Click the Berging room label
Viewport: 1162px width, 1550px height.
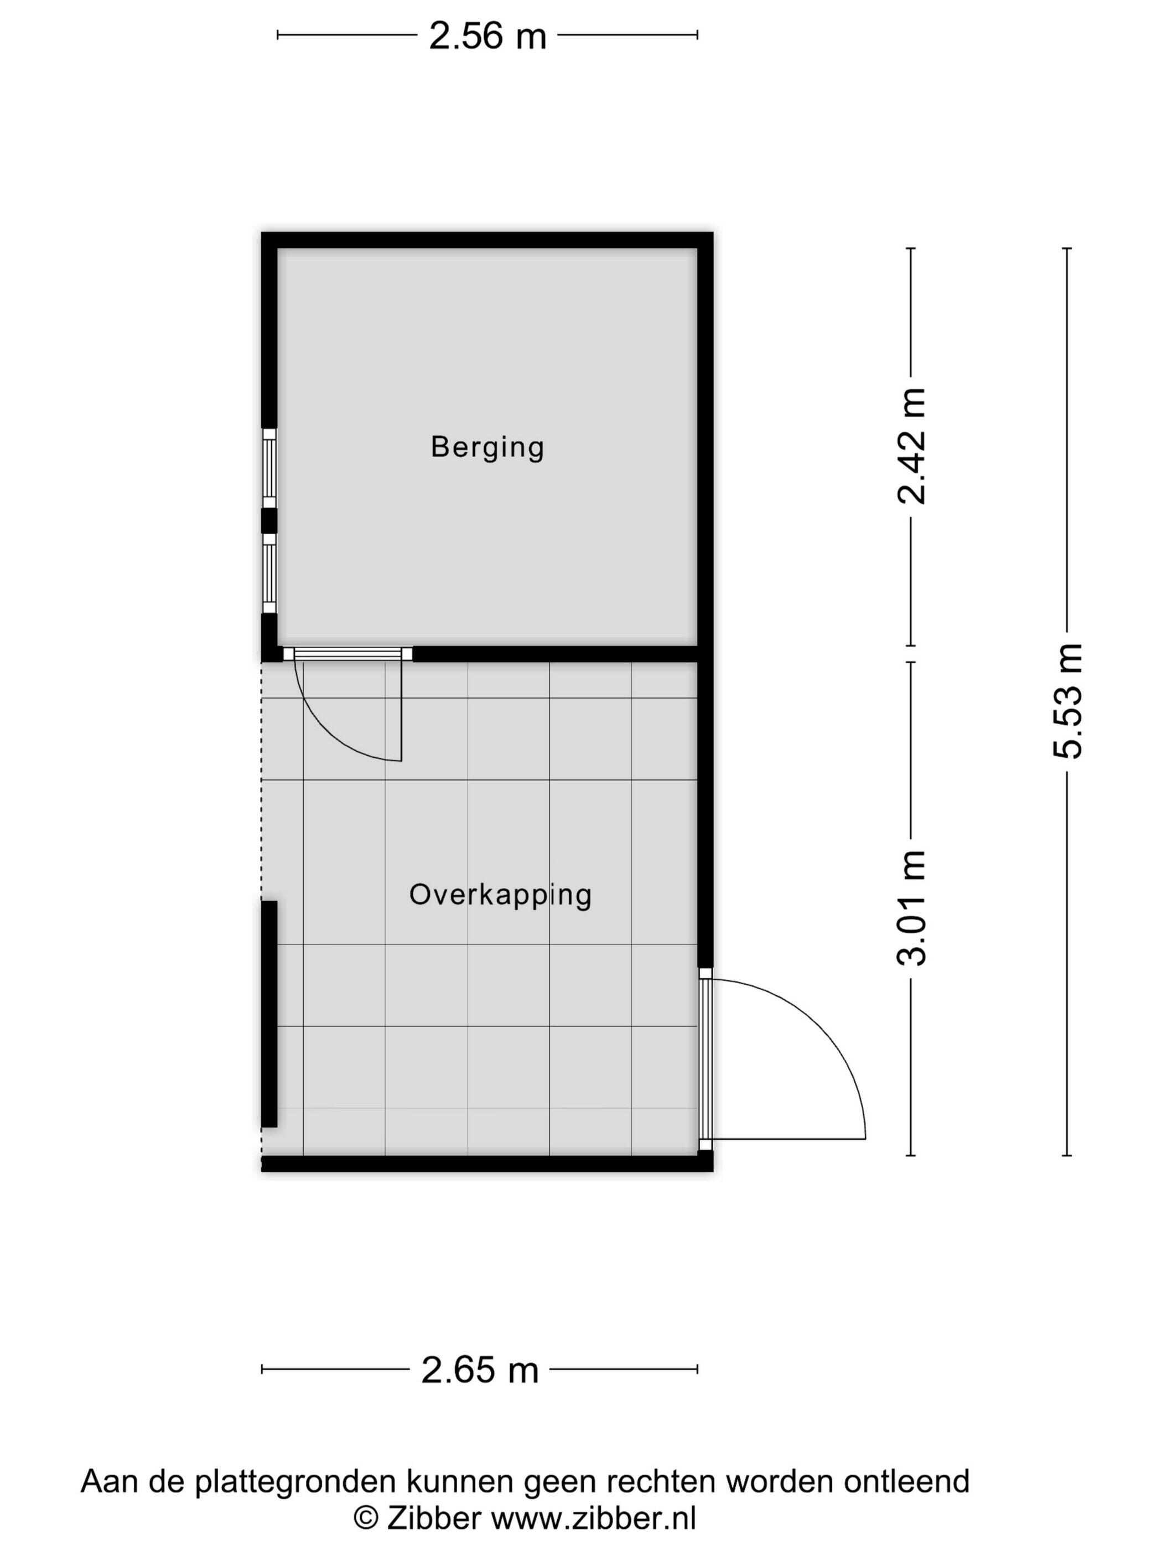[487, 447]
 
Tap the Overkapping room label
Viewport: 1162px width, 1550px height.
[500, 895]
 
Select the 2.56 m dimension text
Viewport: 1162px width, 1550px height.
[487, 36]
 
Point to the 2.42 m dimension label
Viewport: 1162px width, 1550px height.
[911, 446]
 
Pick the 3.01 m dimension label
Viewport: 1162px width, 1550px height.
[911, 908]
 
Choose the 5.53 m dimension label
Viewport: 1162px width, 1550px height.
[1067, 701]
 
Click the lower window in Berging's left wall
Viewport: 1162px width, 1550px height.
[269, 573]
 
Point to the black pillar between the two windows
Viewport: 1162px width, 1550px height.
[269, 521]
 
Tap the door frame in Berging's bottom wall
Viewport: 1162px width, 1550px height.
[347, 654]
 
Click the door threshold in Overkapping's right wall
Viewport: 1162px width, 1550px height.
[705, 1059]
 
